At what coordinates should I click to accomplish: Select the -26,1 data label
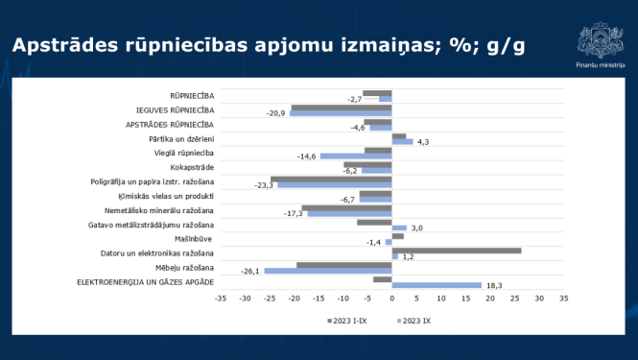(x=251, y=272)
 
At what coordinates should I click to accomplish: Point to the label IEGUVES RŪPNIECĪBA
(x=177, y=110)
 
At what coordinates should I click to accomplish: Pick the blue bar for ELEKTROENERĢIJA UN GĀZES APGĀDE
(x=437, y=284)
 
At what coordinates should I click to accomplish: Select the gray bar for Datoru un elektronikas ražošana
(x=457, y=251)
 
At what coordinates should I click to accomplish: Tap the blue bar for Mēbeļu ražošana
(x=328, y=271)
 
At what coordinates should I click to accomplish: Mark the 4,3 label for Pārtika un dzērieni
(x=422, y=143)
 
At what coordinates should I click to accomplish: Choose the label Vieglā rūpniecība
(x=189, y=153)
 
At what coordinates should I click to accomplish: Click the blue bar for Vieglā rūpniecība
(x=356, y=156)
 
